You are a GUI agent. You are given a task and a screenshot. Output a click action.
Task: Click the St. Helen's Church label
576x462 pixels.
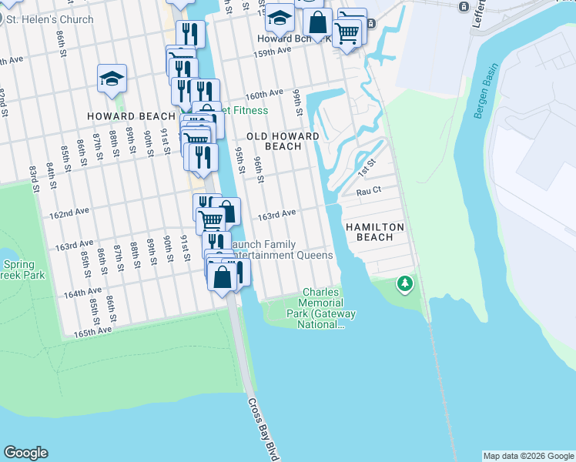(50, 19)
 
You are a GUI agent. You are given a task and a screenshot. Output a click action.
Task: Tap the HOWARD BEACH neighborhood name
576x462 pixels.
(131, 116)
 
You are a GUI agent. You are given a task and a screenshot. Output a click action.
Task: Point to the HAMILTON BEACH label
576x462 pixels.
(380, 232)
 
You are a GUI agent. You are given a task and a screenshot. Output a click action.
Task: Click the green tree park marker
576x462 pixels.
(404, 285)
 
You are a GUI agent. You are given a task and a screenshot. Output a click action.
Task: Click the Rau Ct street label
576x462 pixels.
(369, 190)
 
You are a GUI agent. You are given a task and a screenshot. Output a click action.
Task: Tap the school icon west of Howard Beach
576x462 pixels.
(112, 78)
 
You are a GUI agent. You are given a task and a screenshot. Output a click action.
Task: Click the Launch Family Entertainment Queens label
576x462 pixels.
(282, 249)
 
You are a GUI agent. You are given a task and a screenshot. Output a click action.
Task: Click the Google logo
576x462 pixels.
(25, 453)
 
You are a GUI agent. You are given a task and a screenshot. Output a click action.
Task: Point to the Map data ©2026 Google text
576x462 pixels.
(527, 456)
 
